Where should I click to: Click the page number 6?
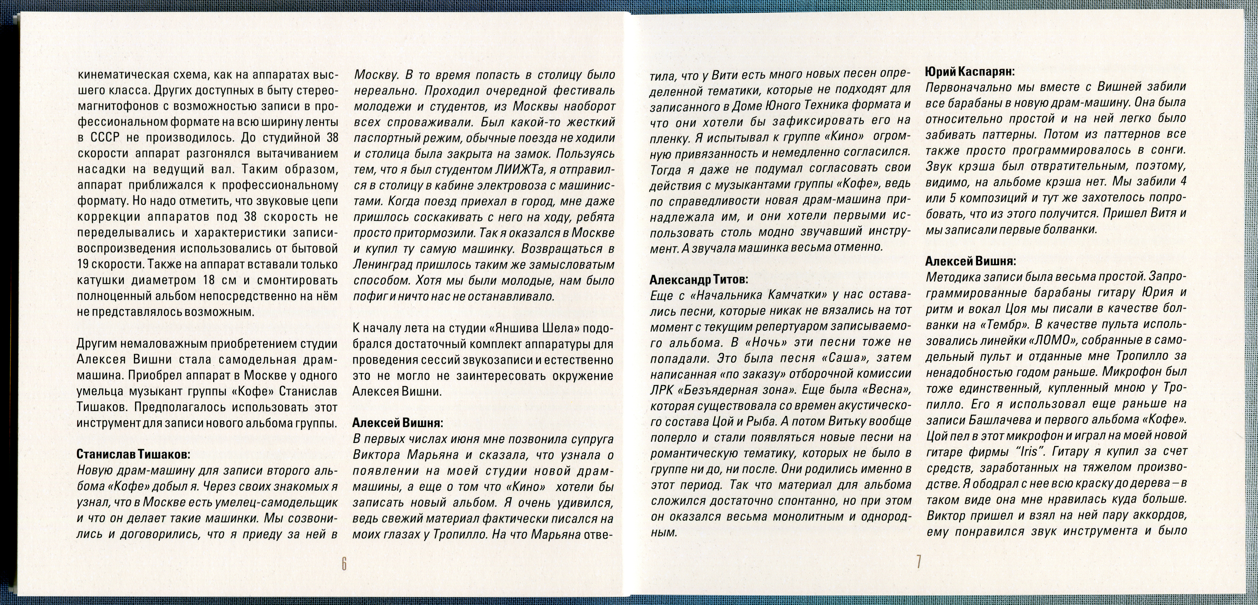pyautogui.click(x=344, y=564)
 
